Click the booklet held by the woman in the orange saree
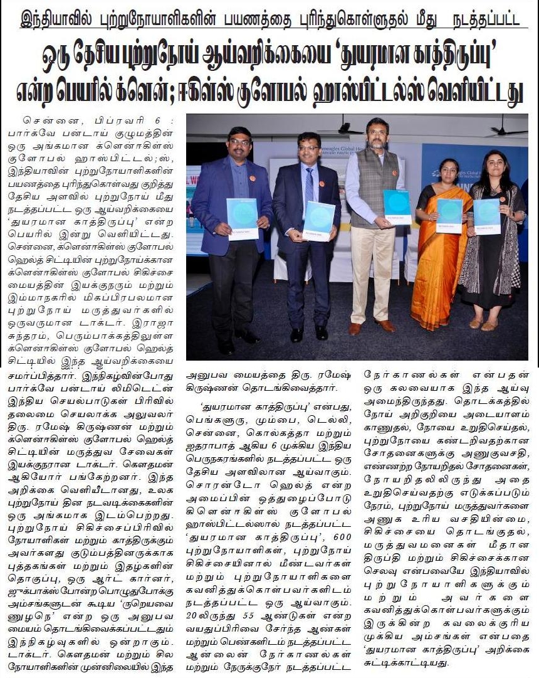click(449, 215)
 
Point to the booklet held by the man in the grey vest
click(397, 206)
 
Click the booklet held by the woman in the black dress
click(486, 216)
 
